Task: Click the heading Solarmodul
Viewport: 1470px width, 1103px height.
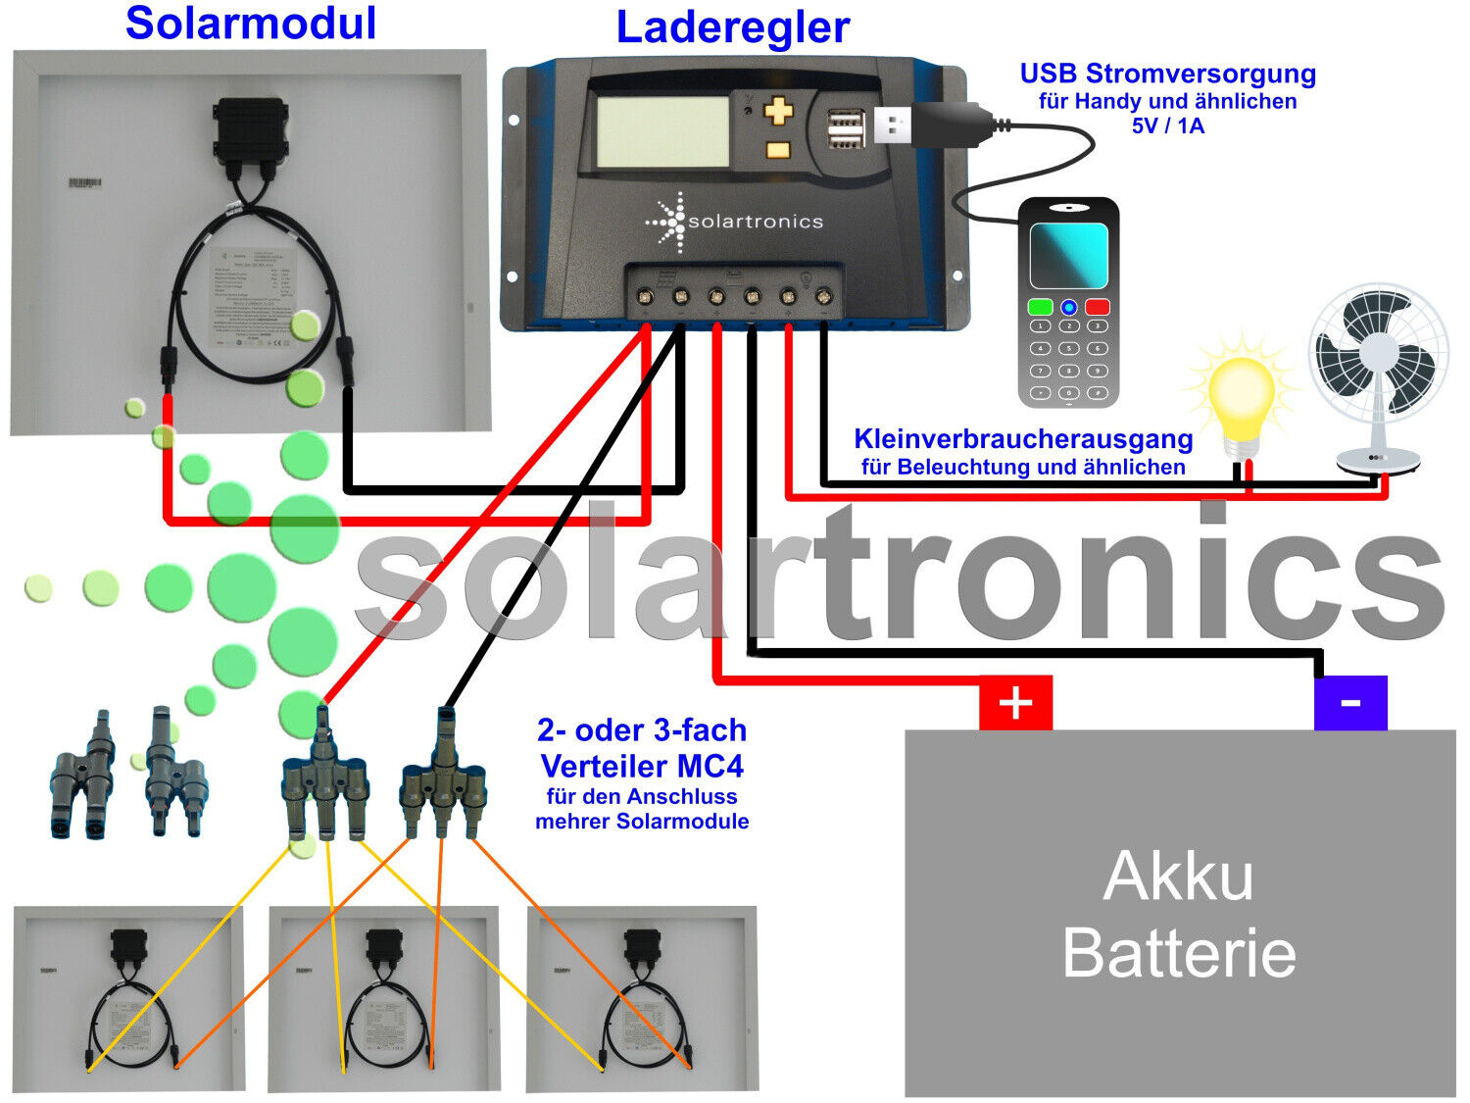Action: pos(251,24)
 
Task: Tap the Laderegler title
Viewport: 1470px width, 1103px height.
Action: pos(732,27)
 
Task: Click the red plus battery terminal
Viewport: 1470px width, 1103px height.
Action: pos(1015,703)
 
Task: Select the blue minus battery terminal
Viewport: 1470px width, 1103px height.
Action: pos(1350,703)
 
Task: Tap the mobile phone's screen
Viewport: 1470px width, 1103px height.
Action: pos(1068,255)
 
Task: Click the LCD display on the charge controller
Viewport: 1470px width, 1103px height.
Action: pos(662,130)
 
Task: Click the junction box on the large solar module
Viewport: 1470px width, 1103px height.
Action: pos(250,131)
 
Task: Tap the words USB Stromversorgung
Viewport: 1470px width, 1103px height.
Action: pos(1167,75)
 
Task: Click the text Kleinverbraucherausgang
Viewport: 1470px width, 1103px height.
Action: pos(1023,438)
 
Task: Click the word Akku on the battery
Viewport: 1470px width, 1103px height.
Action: pos(1178,876)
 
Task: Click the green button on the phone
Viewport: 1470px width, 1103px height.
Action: pos(1040,307)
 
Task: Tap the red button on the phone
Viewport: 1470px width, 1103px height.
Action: pos(1097,307)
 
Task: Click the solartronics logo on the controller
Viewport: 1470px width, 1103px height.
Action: pos(735,222)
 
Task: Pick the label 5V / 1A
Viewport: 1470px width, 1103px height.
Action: pos(1167,125)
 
